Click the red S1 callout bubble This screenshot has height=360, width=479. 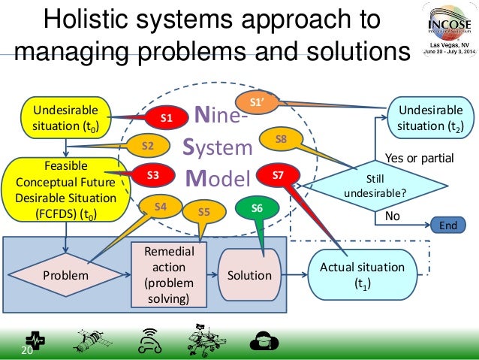coord(167,118)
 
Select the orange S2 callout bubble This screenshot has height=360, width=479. coord(148,145)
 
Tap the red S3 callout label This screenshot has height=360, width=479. coord(152,176)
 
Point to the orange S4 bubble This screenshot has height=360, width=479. coord(161,205)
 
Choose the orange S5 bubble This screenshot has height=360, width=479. coord(203,212)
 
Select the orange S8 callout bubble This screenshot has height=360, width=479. coord(280,139)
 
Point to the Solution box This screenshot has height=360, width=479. coord(249,275)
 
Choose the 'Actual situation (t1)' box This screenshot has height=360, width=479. coord(362,275)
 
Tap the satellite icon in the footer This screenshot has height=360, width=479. coord(89,341)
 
